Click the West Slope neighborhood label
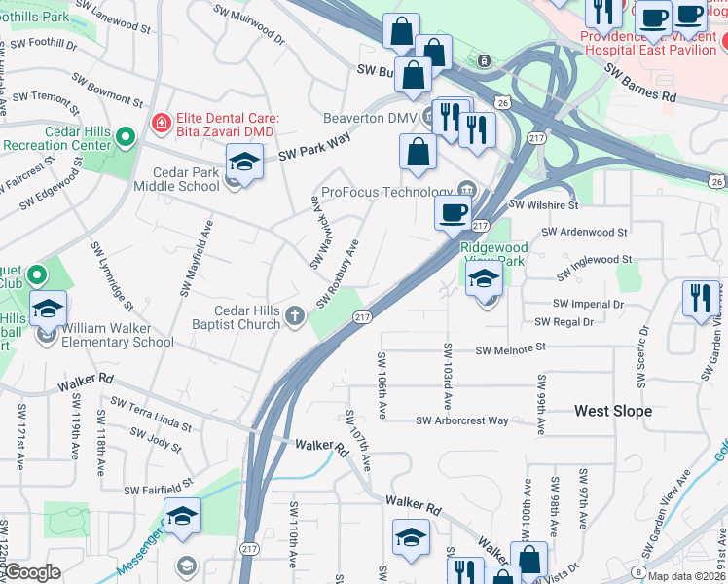(613, 411)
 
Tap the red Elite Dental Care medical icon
(160, 124)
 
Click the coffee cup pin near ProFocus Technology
(452, 212)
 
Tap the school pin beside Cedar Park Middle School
(244, 161)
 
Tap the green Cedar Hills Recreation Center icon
(125, 137)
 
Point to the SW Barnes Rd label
(639, 85)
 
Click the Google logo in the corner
(32, 572)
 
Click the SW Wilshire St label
(545, 205)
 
